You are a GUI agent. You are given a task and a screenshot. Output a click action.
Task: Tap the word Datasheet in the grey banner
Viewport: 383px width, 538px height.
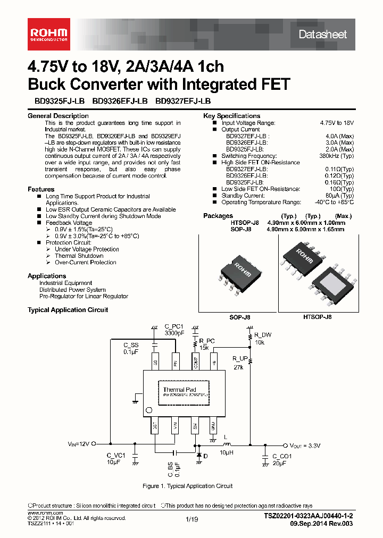(322, 35)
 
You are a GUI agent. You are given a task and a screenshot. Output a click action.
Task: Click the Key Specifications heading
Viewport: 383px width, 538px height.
(231, 116)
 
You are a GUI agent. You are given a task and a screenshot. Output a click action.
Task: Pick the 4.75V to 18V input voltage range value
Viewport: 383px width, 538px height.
(337, 123)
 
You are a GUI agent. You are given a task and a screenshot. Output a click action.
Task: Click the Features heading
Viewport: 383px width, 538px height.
(41, 189)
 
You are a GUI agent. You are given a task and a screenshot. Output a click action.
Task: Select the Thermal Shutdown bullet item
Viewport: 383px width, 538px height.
(79, 256)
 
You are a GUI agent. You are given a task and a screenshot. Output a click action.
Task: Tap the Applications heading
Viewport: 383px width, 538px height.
(47, 276)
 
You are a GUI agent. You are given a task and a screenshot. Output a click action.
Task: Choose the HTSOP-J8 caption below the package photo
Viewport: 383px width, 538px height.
(318, 316)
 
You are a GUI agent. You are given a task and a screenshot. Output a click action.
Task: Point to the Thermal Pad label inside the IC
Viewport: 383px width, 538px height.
(179, 390)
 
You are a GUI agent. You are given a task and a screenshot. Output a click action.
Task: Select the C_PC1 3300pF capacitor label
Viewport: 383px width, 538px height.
(173, 330)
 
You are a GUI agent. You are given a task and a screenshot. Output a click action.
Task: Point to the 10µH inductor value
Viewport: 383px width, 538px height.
(226, 452)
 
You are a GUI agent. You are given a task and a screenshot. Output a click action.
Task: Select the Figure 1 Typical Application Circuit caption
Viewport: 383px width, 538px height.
(188, 486)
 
